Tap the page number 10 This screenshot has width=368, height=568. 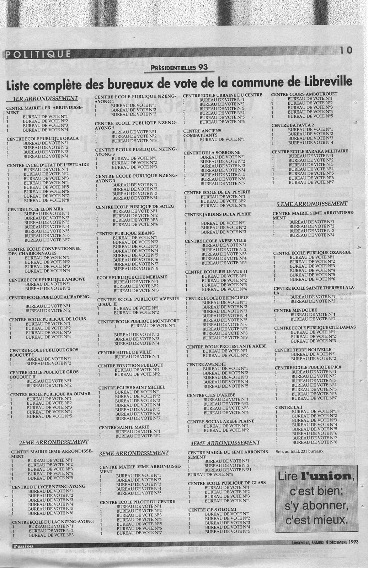coord(346,50)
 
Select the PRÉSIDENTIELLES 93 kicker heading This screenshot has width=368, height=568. coord(179,67)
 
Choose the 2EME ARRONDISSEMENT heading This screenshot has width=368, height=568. coord(53,442)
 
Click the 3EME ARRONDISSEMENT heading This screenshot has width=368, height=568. coord(134,453)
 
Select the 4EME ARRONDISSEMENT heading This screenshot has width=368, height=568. coord(225,443)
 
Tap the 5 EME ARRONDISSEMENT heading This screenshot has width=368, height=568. coord(312,204)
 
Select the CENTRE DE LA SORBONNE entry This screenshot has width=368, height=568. coord(207,153)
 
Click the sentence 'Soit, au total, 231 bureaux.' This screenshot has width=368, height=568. coord(300,452)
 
